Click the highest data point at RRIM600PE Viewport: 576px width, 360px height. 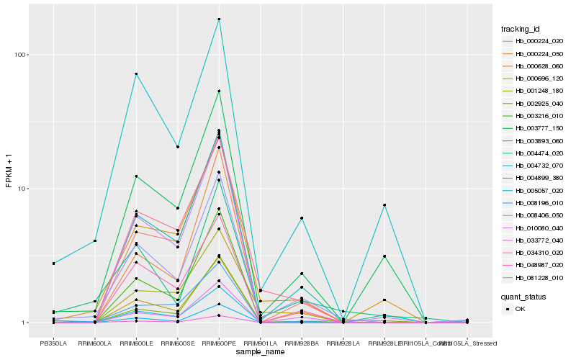[x=219, y=19]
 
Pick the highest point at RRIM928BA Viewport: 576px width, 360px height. [x=302, y=218]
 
